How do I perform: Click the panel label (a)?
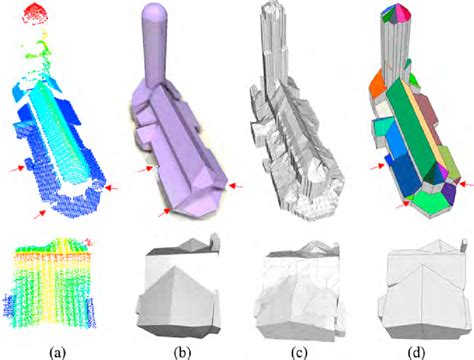pyautogui.click(x=57, y=353)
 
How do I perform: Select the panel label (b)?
pyautogui.click(x=183, y=353)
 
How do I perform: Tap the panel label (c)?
pyautogui.click(x=299, y=353)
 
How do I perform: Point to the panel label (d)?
pyautogui.click(x=418, y=353)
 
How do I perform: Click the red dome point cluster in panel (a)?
pyautogui.click(x=36, y=13)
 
